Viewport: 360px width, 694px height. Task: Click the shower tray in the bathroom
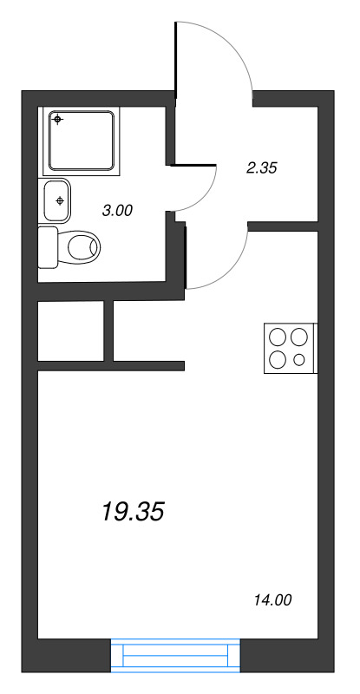82,140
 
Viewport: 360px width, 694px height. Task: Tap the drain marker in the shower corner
58,120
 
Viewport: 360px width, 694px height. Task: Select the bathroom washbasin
56,200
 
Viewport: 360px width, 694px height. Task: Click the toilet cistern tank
49,248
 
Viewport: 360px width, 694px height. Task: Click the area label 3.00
117,209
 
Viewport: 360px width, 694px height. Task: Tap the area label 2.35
261,168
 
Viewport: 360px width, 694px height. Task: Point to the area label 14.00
272,598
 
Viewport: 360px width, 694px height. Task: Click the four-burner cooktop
290,348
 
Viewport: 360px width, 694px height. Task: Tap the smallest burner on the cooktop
299,359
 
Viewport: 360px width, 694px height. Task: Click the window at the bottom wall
175,655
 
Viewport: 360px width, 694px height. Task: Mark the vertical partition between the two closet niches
109,331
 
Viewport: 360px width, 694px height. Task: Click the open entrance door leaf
176,61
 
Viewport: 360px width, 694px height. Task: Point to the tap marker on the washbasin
59,200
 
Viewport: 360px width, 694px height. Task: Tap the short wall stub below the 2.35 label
283,226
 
